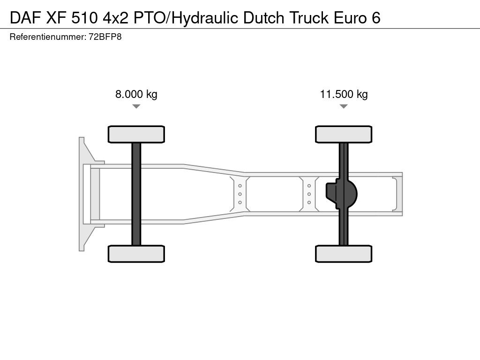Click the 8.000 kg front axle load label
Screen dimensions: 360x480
136,94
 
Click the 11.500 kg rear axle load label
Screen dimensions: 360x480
344,94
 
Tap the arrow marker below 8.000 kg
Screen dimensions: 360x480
136,106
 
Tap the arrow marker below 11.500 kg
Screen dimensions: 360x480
344,106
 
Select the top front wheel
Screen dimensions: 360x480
136,134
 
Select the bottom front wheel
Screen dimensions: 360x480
136,254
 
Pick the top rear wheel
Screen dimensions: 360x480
344,134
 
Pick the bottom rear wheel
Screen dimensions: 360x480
344,254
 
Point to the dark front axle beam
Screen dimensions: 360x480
136,194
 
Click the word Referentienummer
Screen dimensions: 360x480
47,37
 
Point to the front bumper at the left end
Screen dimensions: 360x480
83,194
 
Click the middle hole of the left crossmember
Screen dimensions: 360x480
240,194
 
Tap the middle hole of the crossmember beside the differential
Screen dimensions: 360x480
309,194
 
